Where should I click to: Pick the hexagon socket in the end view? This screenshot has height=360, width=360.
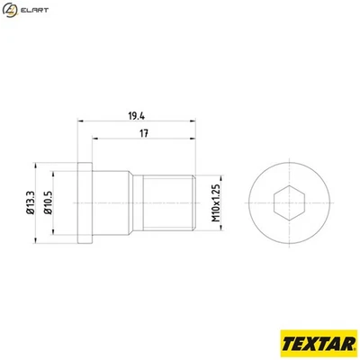click(x=279, y=201)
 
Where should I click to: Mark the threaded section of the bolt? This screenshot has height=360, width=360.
click(x=168, y=201)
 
